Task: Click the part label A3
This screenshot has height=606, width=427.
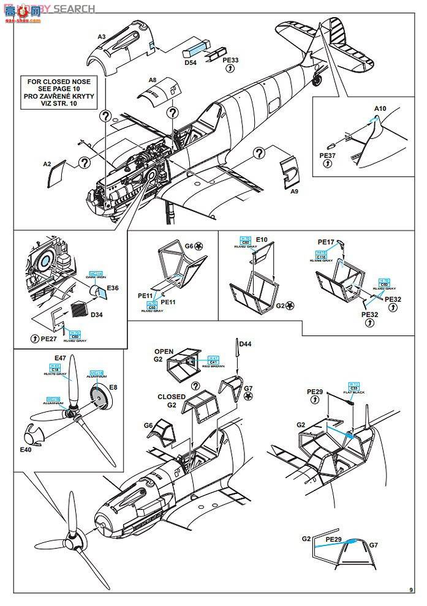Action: (x=102, y=37)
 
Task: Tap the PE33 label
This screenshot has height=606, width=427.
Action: (x=230, y=61)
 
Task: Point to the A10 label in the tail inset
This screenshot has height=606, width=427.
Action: (x=380, y=109)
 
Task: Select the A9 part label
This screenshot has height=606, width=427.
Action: (x=294, y=192)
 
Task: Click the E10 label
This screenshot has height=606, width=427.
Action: (x=262, y=240)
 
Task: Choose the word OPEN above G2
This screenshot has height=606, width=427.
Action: (x=163, y=351)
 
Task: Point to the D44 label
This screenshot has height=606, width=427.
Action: (x=245, y=344)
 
